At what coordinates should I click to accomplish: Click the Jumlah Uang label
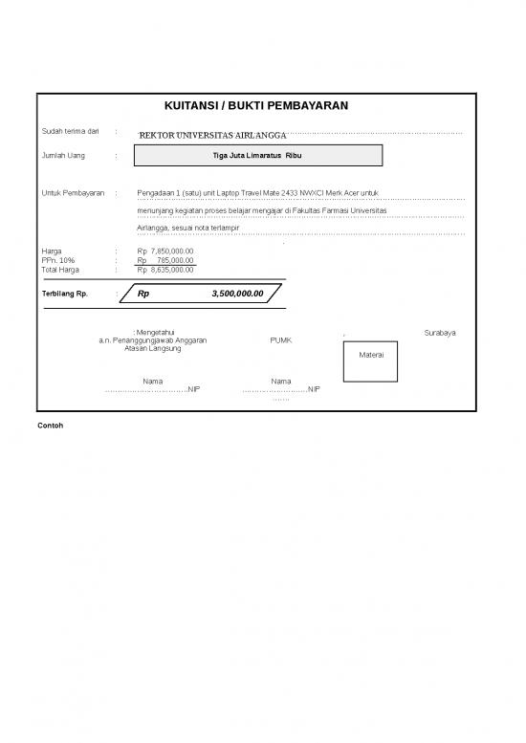[60, 155]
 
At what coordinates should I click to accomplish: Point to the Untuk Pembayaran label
[73, 193]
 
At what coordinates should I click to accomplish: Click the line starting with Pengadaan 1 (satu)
[258, 193]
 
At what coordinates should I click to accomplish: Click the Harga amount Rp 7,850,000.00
[165, 251]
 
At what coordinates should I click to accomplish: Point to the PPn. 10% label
[58, 260]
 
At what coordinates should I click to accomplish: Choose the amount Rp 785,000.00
[165, 260]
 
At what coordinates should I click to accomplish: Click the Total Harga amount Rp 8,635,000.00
[165, 270]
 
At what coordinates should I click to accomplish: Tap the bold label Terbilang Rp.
[65, 295]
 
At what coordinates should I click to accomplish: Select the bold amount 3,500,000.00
[237, 295]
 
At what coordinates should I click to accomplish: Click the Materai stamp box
[371, 355]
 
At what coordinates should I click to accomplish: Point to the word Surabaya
[439, 333]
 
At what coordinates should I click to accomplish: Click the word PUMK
[281, 340]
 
